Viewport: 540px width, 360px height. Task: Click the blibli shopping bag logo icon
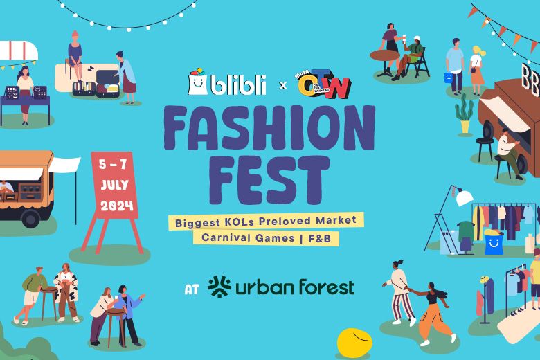(x=198, y=82)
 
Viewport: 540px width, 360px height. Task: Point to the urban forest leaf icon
(x=219, y=286)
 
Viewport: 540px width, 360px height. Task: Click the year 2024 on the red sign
(x=116, y=206)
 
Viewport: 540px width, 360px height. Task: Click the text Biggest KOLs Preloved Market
(x=266, y=221)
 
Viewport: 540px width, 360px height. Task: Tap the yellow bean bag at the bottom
(x=354, y=342)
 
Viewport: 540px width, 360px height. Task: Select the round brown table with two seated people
(x=384, y=55)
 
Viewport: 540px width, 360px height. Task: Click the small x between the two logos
(x=282, y=86)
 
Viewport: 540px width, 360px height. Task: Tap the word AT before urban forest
(x=192, y=287)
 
